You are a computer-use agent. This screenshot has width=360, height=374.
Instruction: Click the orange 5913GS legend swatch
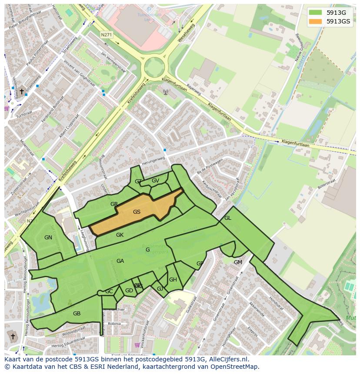click(x=316, y=21)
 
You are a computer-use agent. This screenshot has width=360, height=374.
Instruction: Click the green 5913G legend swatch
click(x=316, y=12)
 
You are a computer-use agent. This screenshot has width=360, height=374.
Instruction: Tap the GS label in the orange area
click(x=137, y=212)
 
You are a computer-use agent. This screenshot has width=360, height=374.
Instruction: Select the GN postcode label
click(x=48, y=237)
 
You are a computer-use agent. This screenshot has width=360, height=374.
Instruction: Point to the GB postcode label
click(x=77, y=313)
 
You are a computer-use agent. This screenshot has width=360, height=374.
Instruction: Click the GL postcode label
click(x=227, y=218)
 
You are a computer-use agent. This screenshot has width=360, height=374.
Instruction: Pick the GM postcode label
click(x=238, y=262)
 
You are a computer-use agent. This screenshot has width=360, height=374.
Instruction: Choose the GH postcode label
click(x=173, y=279)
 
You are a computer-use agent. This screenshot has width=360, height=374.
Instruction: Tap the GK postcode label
click(x=120, y=235)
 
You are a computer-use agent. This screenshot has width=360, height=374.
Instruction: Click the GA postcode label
click(x=120, y=261)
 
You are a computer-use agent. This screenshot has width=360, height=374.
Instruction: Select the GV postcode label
click(x=155, y=181)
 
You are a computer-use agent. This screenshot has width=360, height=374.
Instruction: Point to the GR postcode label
click(x=114, y=204)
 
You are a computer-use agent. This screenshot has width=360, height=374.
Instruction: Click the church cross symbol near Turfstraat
click(x=22, y=91)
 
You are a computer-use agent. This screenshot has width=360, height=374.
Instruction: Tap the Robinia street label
click(x=114, y=324)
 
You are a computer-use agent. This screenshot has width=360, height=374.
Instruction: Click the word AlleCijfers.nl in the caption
click(x=228, y=359)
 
